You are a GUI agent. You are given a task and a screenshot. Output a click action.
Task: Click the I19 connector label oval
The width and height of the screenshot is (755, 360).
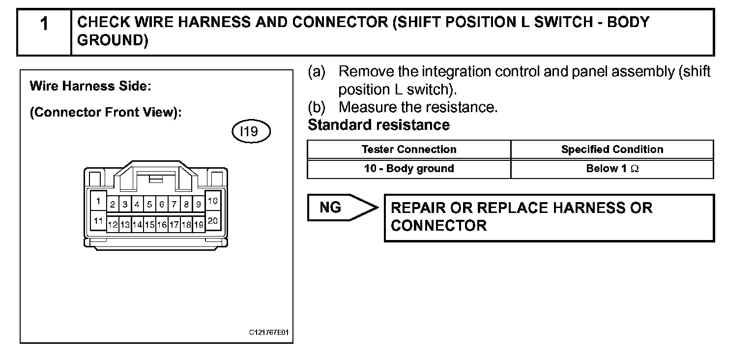point(251,131)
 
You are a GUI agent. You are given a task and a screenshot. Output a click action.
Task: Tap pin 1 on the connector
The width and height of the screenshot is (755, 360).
point(98,201)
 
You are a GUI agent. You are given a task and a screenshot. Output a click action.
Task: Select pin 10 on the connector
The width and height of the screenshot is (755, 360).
point(213,201)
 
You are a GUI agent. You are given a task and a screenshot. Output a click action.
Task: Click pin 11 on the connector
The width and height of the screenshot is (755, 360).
point(98,221)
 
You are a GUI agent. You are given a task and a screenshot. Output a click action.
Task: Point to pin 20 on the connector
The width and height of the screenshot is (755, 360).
point(213,221)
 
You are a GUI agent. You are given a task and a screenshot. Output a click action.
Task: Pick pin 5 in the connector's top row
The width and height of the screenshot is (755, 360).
point(149,204)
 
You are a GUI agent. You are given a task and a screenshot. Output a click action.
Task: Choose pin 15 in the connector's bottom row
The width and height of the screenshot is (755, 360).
point(149,225)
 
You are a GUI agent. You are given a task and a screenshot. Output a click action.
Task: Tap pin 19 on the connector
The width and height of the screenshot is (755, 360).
point(199,225)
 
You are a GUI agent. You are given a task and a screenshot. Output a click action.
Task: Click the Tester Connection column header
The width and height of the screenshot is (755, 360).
point(408,149)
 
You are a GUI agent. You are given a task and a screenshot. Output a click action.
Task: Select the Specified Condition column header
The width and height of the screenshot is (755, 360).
point(612,149)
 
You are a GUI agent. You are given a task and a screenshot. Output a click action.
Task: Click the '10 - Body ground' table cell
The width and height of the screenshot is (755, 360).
point(408,168)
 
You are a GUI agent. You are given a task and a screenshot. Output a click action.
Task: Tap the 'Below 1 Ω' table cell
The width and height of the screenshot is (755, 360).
point(612,168)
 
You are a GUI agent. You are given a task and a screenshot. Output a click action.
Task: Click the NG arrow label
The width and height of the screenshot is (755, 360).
point(331,208)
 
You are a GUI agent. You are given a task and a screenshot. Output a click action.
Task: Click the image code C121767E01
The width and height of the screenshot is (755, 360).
point(268,333)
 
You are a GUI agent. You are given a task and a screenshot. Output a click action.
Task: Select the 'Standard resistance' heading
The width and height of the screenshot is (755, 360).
point(378,125)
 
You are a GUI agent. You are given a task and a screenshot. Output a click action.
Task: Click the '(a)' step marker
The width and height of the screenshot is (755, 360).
point(317,72)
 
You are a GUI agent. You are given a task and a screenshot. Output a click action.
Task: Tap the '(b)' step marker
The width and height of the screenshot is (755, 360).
point(317,107)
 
